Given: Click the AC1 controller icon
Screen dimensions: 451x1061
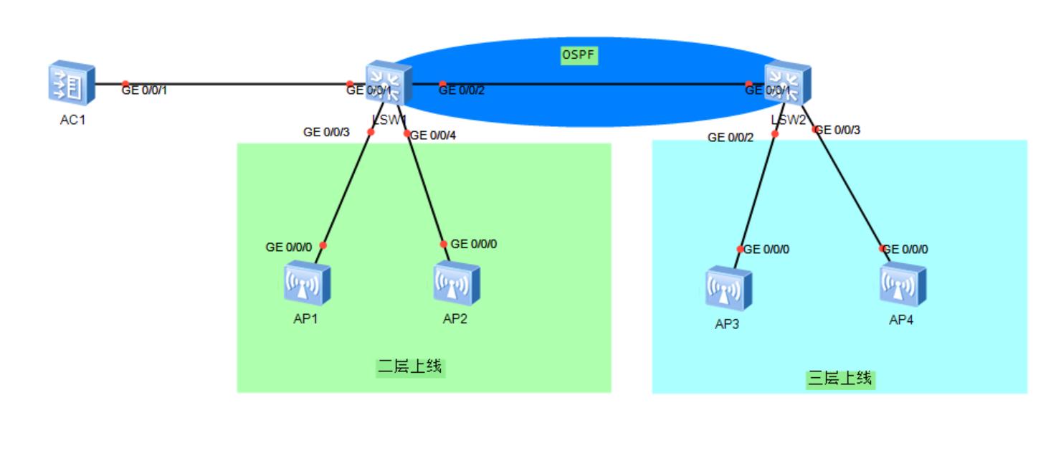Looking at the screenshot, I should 72,84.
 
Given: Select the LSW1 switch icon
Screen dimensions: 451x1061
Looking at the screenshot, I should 389,84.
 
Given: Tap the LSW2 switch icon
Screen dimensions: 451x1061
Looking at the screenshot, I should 787,84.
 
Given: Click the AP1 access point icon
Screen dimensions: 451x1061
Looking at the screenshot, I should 307,284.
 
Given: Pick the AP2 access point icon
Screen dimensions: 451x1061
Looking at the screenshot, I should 456,284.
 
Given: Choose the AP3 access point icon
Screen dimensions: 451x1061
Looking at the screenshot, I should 728,289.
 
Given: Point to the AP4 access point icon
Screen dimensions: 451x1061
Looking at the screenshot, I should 903,285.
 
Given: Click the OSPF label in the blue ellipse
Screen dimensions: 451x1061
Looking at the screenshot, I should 579,54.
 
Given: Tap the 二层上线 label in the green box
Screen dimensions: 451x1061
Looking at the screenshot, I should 411,367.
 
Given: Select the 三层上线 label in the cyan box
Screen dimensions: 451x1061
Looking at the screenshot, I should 840,378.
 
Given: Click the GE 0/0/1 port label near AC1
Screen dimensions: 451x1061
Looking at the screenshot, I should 145,90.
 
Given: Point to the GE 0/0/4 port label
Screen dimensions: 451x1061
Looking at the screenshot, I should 433,135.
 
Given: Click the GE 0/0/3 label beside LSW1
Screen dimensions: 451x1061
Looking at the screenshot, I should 326,132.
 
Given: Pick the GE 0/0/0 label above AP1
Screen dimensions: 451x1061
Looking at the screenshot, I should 289,247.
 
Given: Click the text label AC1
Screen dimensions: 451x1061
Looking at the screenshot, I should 72,120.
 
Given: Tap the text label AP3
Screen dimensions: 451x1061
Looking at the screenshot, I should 727,324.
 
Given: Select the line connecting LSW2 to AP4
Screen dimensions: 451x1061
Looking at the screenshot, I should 849,189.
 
